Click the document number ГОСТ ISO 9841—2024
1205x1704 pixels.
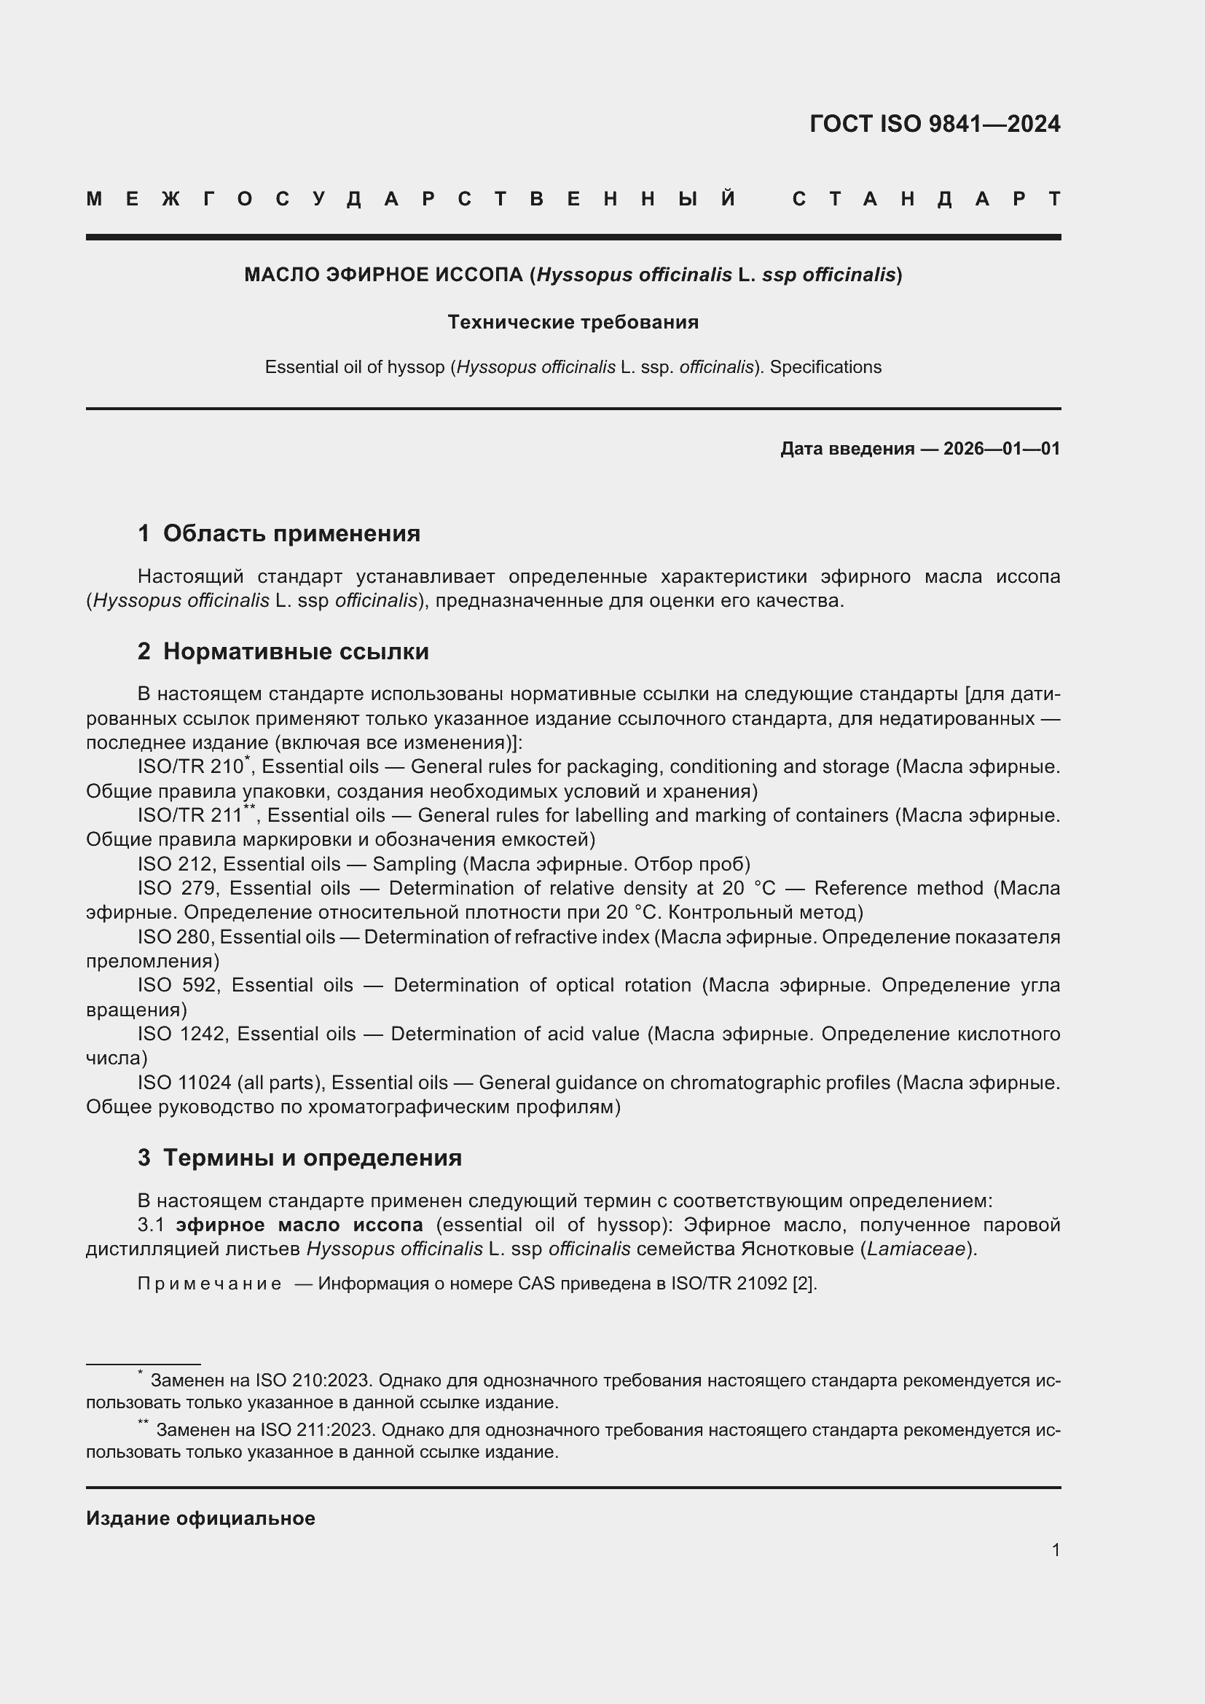tap(934, 124)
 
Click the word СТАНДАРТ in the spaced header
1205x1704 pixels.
tap(926, 199)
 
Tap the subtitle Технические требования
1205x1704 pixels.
tap(573, 322)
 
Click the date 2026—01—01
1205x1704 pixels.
tap(1002, 448)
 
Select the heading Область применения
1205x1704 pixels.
tap(291, 533)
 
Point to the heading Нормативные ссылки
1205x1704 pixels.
tap(295, 651)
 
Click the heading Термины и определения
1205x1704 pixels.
tap(312, 1157)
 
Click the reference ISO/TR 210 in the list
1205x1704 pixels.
tap(190, 766)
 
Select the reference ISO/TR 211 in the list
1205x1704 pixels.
tap(190, 816)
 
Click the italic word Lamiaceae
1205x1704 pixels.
tap(916, 1249)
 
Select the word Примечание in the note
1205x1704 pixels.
tap(209, 1284)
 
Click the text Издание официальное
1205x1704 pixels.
tap(200, 1518)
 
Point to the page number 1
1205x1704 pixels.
tap(1055, 1550)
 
